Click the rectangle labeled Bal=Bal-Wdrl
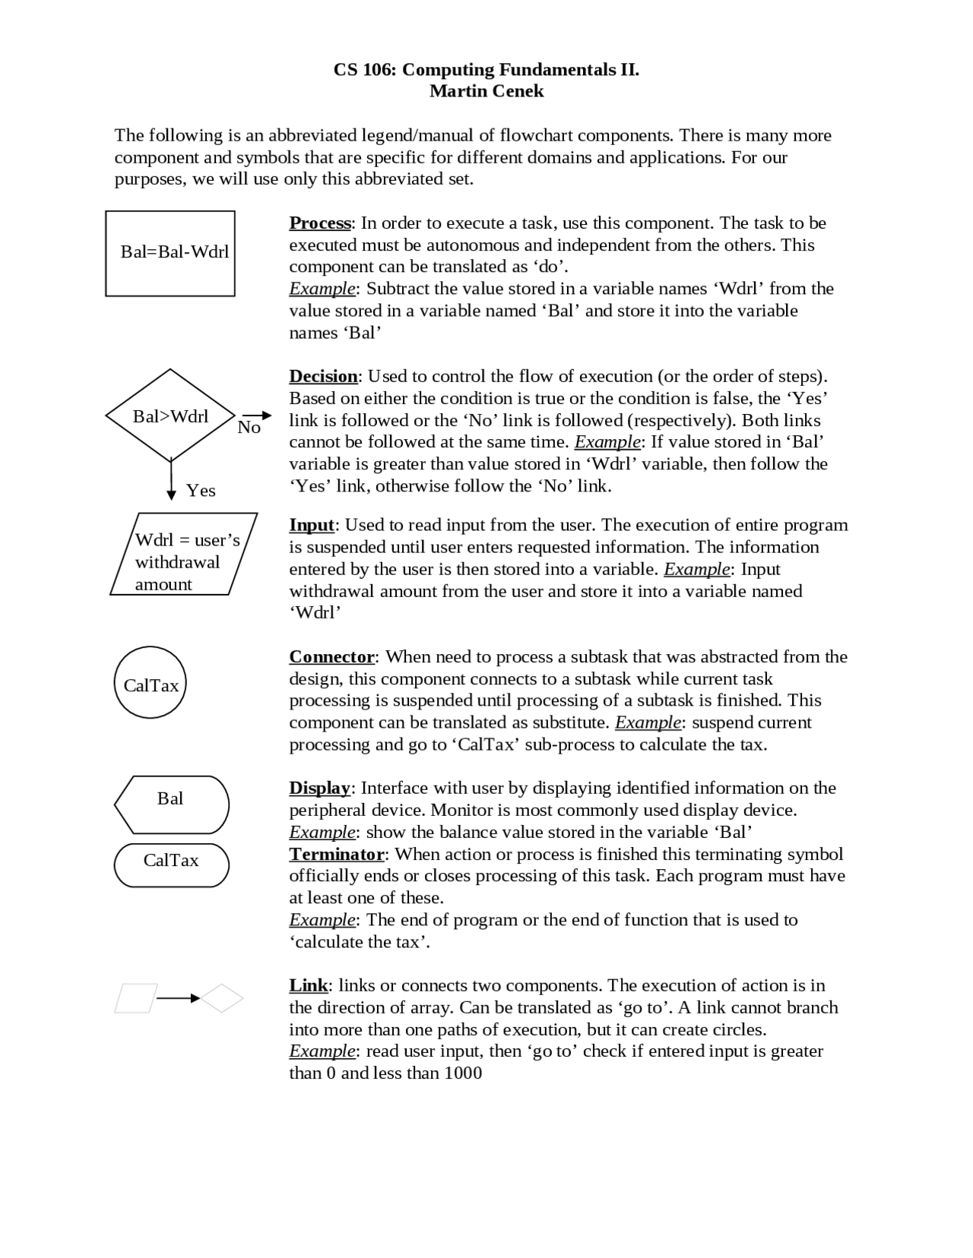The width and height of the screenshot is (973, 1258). point(170,253)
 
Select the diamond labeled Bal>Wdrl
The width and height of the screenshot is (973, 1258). point(170,416)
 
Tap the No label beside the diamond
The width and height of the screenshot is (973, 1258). point(249,428)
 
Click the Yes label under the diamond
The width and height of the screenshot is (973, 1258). point(201,491)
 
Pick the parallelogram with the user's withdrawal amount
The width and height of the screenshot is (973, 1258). point(184,554)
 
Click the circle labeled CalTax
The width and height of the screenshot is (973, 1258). point(151,682)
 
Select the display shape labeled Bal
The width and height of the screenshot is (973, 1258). point(171,804)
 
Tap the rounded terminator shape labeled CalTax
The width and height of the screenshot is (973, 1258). point(171,865)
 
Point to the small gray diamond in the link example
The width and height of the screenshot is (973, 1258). point(222,998)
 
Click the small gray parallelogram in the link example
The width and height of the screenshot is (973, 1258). point(136,998)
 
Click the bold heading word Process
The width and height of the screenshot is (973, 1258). point(319,223)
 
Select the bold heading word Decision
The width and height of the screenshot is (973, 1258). point(323,377)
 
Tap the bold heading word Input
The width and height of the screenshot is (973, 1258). point(312,525)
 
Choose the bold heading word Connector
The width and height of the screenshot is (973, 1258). point(331,656)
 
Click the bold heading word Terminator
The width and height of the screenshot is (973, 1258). point(336,854)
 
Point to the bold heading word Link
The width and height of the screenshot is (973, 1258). point(308,985)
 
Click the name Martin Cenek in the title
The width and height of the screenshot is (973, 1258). point(486,91)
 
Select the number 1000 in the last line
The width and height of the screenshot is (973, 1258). point(463,1073)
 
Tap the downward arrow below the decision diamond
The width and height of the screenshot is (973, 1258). point(171,481)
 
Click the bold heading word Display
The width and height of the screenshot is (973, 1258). point(319,788)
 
